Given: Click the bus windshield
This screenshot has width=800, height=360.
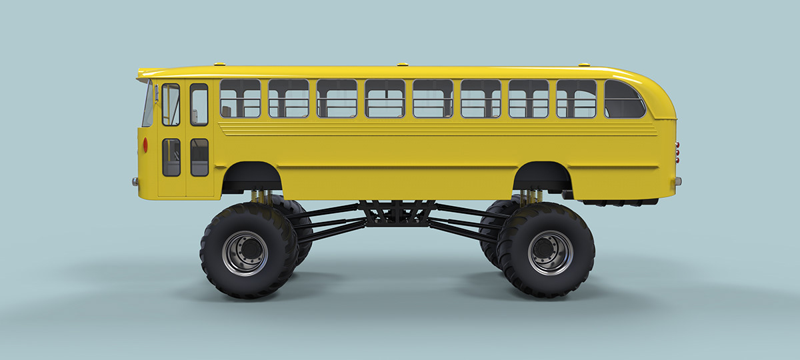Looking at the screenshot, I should point(147,104).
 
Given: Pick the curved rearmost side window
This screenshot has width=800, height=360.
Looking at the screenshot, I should point(623,100).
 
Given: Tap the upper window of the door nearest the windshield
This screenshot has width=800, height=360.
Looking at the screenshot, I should point(171,105).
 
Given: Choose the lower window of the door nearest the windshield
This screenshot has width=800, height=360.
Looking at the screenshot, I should point(171,157).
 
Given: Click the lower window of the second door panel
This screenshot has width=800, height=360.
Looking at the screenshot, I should point(199,157).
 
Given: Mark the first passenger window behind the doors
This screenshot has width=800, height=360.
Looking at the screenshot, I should point(240,99).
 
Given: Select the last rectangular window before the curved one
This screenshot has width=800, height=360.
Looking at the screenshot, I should point(576,99).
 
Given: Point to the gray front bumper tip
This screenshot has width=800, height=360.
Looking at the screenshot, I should point(135,181).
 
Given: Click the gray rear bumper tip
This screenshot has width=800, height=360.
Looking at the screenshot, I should point(678,181).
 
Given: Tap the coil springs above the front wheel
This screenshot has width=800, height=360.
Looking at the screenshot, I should point(261,197).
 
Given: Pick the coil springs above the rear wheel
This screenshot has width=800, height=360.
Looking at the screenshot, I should point(531,197).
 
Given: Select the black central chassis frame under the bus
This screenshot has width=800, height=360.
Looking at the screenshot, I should point(397,213).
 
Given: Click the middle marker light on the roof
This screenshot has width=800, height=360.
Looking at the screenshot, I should point(402,65).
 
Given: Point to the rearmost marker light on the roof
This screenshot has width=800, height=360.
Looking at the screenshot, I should point(584,65).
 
